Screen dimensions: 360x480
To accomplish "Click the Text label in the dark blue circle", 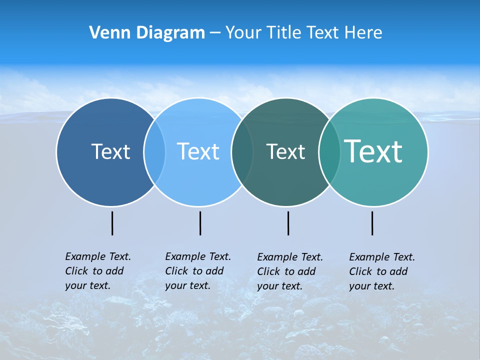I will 110,151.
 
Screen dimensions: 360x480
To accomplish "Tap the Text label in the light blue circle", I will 198,151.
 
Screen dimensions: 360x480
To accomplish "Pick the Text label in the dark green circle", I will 285,151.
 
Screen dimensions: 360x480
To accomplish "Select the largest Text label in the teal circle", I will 373,151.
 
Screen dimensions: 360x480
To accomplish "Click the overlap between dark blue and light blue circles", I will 154,151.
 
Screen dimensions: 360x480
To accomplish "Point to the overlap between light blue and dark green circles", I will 242,151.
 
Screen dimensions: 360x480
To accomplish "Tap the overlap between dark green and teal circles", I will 329,151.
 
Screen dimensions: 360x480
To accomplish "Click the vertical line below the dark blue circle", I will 112,223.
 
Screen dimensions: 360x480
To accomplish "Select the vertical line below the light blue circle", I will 200,223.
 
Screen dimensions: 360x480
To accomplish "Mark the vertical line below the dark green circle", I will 288,223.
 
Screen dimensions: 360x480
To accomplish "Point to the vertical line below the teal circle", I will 372,223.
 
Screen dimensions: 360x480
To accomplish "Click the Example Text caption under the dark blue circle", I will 97,271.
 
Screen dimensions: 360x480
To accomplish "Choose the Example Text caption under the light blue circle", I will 197,271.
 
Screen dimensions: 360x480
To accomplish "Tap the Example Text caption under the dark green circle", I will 289,271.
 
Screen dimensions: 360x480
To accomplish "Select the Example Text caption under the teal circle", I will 381,271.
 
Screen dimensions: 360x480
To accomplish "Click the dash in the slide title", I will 215,33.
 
